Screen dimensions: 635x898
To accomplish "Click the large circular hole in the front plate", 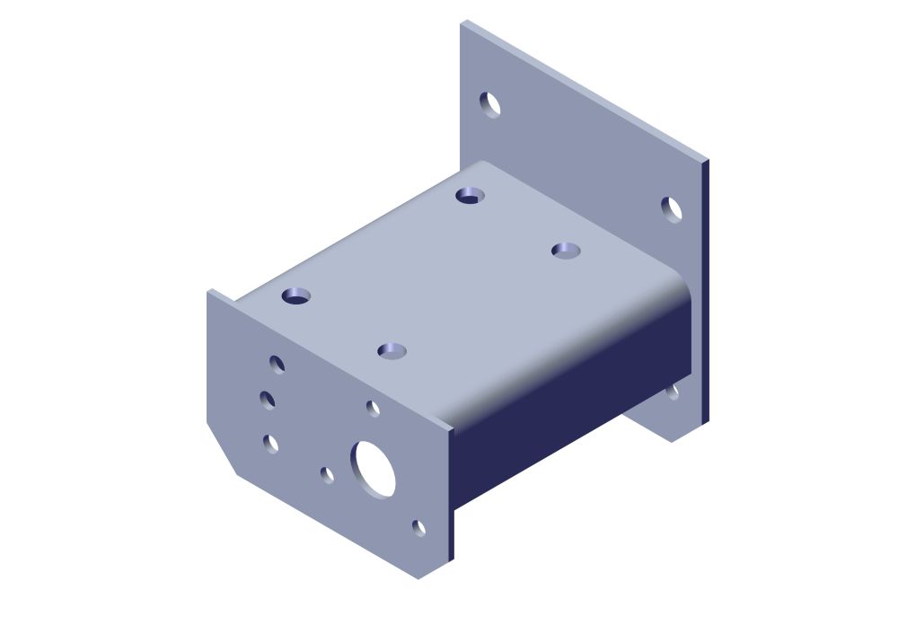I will click(373, 468).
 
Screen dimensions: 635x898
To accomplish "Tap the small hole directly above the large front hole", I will click(374, 409).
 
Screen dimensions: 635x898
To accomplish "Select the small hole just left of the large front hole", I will click(328, 474).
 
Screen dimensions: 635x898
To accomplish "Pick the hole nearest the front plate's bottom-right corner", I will click(418, 527).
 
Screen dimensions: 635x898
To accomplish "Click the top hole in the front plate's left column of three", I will click(277, 364).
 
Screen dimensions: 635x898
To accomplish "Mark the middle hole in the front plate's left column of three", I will click(268, 400).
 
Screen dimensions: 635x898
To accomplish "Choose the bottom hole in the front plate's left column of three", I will click(270, 443).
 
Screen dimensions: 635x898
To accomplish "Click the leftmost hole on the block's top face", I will click(295, 295).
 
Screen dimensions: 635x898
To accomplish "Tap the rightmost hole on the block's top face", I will click(566, 250).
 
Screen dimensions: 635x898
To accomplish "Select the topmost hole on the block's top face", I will click(470, 195).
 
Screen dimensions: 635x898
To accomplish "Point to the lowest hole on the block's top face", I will click(392, 350).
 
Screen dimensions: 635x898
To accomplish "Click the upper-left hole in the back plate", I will click(490, 104).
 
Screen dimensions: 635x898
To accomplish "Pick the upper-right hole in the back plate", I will click(672, 209).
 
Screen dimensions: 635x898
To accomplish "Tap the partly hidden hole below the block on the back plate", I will click(673, 392).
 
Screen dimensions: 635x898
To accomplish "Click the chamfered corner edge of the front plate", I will click(221, 449).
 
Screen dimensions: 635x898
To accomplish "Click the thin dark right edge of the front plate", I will click(450, 494).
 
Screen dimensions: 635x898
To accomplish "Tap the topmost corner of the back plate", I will click(463, 22).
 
